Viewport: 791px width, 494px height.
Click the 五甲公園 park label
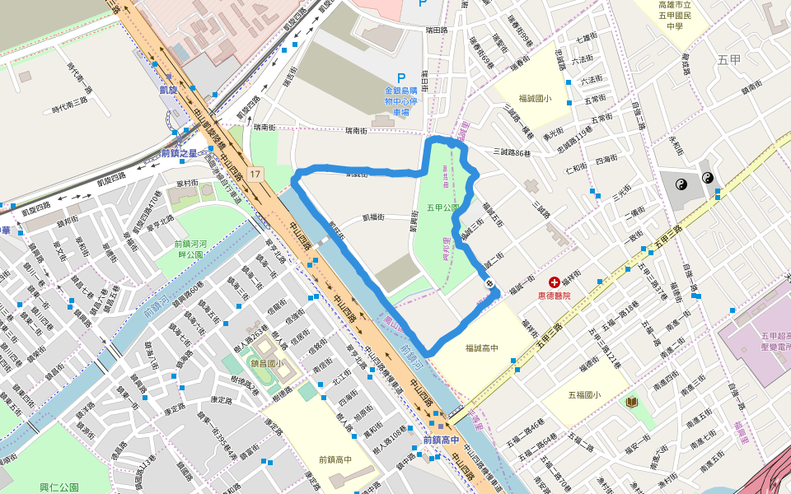point(443,207)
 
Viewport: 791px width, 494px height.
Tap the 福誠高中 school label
point(481,348)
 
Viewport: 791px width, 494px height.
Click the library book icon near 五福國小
point(631,402)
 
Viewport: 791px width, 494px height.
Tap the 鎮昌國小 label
point(267,363)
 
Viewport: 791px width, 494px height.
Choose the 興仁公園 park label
point(59,487)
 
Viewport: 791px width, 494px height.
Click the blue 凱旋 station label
point(168,91)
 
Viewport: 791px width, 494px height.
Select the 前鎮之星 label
point(180,153)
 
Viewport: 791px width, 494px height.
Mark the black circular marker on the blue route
point(490,284)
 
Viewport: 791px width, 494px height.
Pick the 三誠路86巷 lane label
point(514,151)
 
